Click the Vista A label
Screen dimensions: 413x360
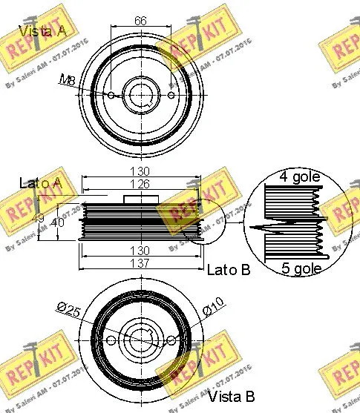(42, 31)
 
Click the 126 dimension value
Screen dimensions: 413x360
(141, 185)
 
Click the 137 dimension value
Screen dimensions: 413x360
(141, 262)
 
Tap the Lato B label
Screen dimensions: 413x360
(229, 269)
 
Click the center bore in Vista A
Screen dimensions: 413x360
(141, 95)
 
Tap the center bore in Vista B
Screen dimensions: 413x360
(141, 340)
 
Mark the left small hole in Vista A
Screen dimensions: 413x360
(111, 95)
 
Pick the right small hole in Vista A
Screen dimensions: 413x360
(171, 95)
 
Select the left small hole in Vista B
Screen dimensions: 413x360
(111, 340)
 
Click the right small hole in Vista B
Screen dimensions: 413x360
(171, 340)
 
